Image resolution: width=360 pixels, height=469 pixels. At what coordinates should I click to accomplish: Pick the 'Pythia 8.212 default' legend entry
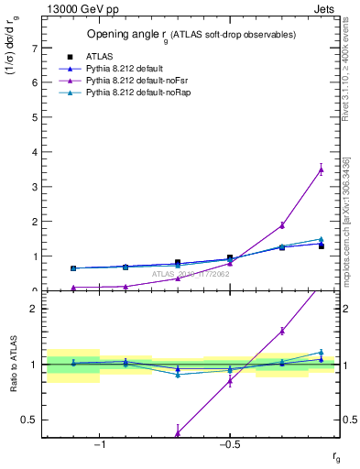[x=127, y=69]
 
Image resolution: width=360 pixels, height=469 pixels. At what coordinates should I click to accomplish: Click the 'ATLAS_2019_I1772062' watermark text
[x=191, y=273]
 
